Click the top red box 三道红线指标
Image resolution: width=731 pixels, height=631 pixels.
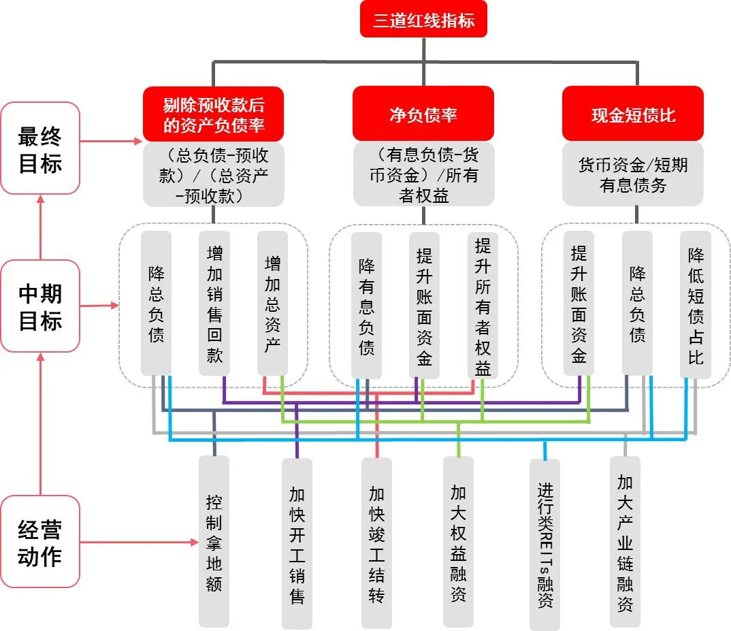(x=423, y=20)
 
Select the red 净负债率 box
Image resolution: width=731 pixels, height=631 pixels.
(x=423, y=114)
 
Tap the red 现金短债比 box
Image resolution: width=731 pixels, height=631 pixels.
(x=633, y=114)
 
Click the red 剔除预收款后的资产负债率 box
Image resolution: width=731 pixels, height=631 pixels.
(x=213, y=114)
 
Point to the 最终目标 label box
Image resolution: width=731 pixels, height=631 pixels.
(x=40, y=148)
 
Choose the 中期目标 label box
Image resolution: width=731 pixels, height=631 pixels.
(x=40, y=306)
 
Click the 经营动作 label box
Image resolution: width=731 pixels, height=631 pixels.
(x=40, y=542)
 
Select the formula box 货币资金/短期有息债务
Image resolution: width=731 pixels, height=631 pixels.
(x=633, y=174)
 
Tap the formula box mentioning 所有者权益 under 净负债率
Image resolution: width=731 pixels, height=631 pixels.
(x=423, y=174)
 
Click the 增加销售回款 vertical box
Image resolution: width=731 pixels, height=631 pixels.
(x=214, y=303)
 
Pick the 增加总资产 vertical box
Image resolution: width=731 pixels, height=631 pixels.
(x=272, y=303)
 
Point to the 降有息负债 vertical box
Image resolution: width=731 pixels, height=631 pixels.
(x=366, y=306)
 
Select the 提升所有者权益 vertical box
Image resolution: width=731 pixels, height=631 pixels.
(x=483, y=306)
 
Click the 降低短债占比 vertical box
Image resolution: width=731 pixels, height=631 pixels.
(x=695, y=305)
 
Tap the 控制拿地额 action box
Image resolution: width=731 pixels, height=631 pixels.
(x=214, y=542)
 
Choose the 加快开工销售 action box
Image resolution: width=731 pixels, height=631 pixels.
(x=297, y=543)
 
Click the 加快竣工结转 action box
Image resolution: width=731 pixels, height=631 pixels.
(x=376, y=543)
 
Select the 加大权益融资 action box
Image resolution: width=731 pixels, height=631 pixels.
(x=458, y=542)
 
